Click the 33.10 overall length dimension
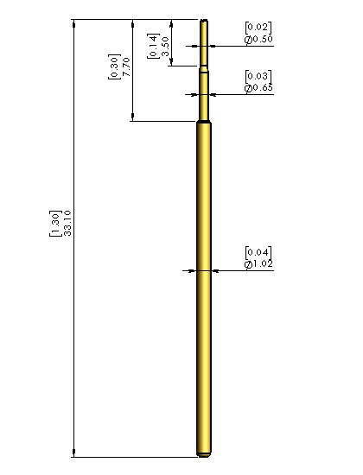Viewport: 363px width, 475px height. pyautogui.click(x=67, y=223)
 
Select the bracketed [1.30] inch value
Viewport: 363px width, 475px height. pyautogui.click(x=55, y=223)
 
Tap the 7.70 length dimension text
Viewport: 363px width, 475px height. pyautogui.click(x=126, y=66)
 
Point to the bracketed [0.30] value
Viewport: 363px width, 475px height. pyautogui.click(x=114, y=66)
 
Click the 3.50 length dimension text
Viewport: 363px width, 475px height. pyautogui.click(x=165, y=47)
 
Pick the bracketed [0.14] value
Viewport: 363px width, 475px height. pyautogui.click(x=153, y=46)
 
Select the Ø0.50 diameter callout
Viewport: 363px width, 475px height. pyautogui.click(x=258, y=39)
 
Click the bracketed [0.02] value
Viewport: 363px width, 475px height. pyautogui.click(x=258, y=28)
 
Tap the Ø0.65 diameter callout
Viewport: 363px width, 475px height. pyautogui.click(x=258, y=87)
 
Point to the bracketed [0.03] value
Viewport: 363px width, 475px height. pyautogui.click(x=258, y=76)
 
